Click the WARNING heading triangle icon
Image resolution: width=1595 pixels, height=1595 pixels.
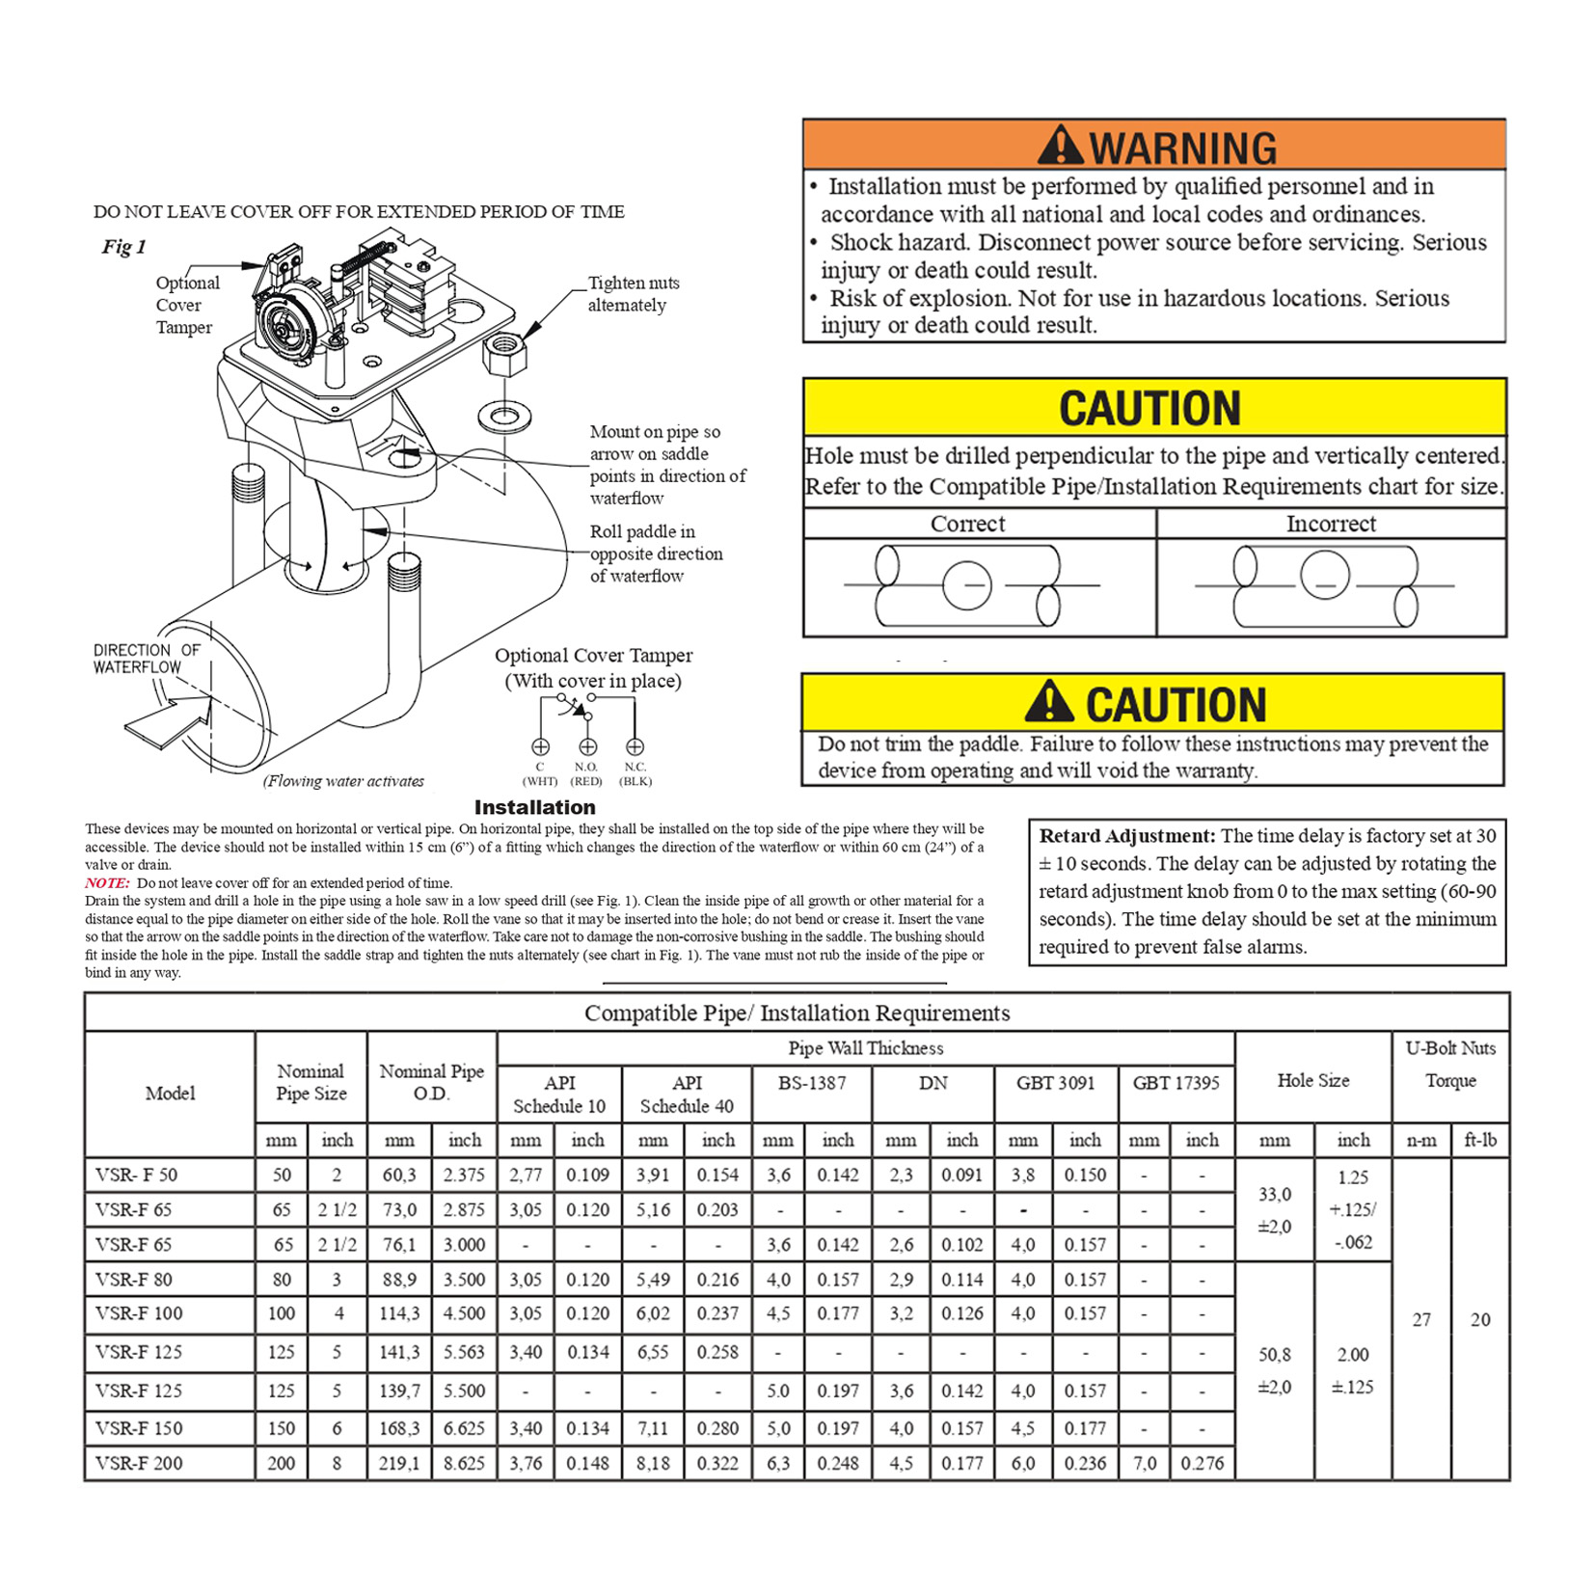pos(1060,146)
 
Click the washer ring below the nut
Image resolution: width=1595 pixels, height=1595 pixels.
pos(504,417)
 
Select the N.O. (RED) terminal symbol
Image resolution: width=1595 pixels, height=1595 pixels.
pos(587,746)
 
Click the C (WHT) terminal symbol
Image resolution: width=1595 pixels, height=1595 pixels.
pos(540,746)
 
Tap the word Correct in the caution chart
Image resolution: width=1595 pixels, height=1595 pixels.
pos(967,524)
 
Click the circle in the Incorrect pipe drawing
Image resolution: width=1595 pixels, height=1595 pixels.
pos(1324,575)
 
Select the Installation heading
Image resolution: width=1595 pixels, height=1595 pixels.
pos(534,807)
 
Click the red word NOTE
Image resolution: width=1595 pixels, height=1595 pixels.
pos(106,882)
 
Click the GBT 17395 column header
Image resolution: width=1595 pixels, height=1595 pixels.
pos(1176,1083)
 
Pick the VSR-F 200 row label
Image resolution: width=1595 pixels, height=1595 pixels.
pos(139,1463)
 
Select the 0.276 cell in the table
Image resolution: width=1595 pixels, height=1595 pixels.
pos(1202,1463)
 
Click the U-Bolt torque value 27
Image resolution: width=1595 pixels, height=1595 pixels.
pos(1421,1319)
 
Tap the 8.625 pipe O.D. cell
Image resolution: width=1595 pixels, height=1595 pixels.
pos(464,1463)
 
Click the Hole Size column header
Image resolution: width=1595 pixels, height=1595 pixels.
pos(1312,1081)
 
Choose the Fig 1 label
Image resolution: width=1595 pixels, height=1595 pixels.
pos(123,247)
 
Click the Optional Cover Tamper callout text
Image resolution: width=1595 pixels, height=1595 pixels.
pos(187,305)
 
